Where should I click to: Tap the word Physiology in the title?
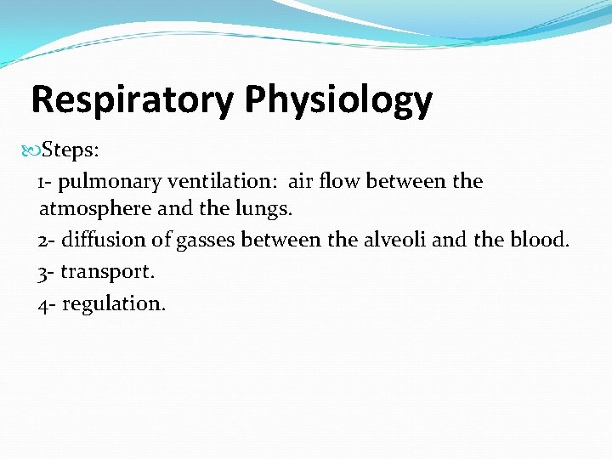(x=338, y=100)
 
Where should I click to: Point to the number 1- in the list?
(x=46, y=182)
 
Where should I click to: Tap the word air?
(x=302, y=182)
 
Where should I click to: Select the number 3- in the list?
(x=47, y=273)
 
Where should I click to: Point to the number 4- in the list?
(x=47, y=303)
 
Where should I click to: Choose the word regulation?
(x=114, y=303)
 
